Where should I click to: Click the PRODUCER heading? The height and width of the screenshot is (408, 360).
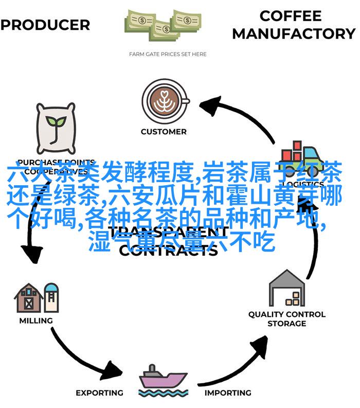coord(45,25)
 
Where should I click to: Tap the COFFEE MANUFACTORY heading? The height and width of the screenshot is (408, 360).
coord(293,25)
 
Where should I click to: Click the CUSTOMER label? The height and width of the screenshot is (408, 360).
coord(164,132)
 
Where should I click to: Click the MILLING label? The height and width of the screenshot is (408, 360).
coord(36,321)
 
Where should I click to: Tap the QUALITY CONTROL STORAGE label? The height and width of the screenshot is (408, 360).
coord(286,319)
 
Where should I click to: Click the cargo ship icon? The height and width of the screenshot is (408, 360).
coord(164,379)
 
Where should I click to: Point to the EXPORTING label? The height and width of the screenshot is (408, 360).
coord(99,393)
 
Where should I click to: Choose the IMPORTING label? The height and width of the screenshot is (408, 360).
coord(228,393)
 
